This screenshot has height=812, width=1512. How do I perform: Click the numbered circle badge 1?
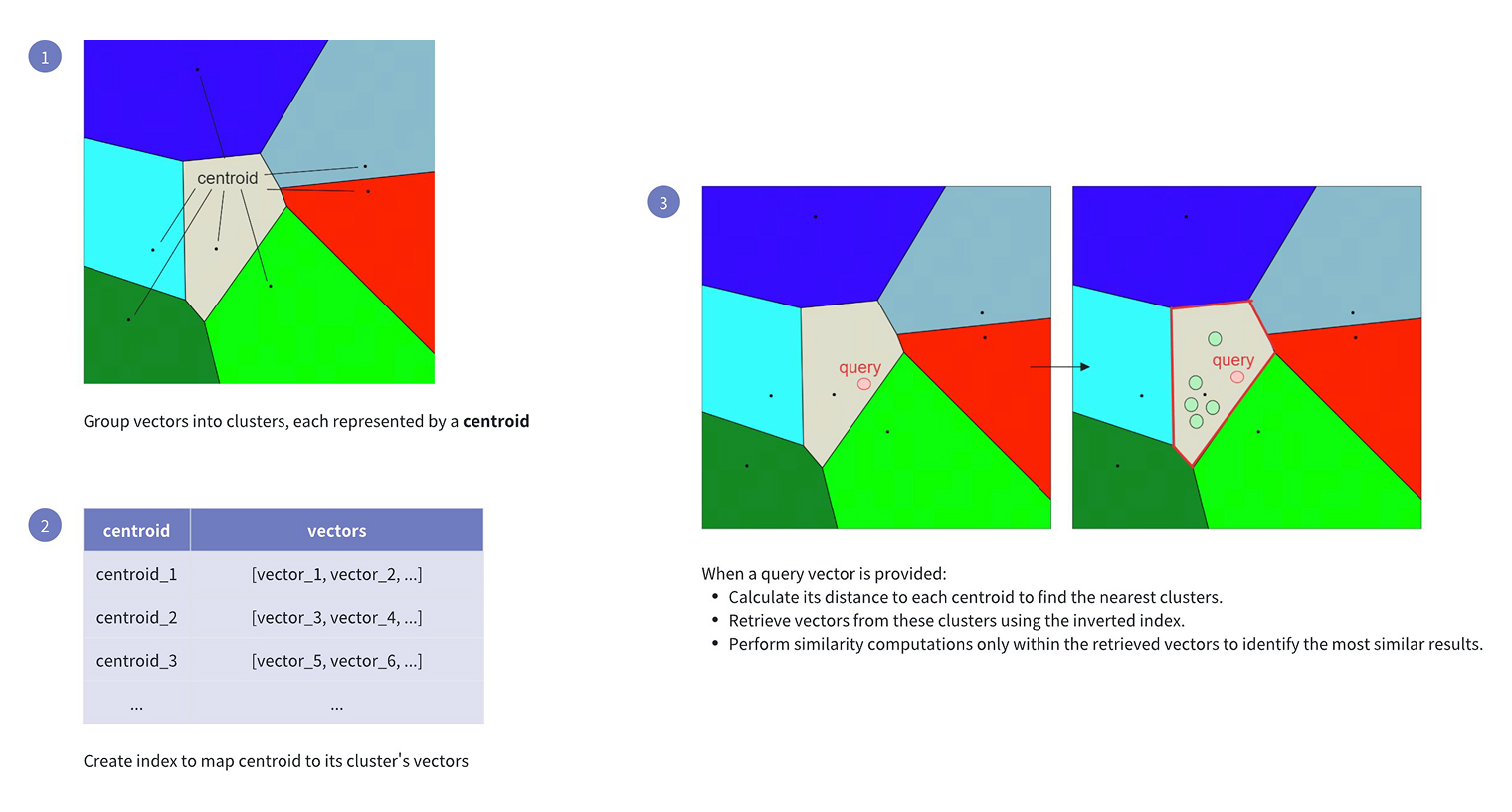point(45,56)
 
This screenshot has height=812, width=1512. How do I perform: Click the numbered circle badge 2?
point(45,525)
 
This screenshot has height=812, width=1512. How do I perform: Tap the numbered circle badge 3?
point(662,202)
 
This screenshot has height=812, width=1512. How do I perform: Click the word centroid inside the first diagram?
point(228,178)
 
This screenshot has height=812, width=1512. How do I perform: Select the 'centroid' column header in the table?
point(136,530)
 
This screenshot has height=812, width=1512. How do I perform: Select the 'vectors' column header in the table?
point(337,530)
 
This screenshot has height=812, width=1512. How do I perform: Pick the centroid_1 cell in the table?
point(136,574)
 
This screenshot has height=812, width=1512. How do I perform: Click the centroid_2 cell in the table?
point(136,617)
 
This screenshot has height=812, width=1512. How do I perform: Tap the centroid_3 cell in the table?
point(136,660)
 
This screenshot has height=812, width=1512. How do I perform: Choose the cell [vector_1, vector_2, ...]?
point(337,574)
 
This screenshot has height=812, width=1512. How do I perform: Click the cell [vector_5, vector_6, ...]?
point(337,660)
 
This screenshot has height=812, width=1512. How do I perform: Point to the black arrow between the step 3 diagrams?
point(1059,366)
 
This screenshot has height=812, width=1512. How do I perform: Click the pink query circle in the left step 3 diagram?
point(864,384)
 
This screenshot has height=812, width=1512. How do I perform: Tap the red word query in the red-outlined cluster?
point(1232,360)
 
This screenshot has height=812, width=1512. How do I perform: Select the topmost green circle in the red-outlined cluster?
point(1215,339)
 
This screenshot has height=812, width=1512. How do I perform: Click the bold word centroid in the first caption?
point(495,421)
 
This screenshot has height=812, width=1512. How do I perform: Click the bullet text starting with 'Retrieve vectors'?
point(957,620)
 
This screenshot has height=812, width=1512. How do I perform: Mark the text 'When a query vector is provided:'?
point(824,574)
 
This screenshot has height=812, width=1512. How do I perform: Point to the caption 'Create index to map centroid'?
point(276,761)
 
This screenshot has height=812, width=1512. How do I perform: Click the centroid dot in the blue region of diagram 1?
point(197,69)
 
